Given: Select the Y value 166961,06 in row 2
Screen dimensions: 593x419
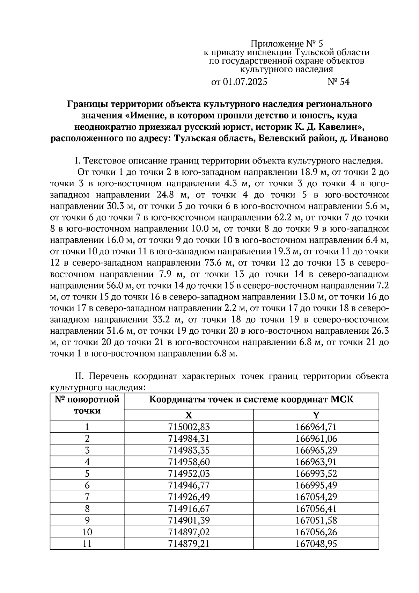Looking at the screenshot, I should point(316,439).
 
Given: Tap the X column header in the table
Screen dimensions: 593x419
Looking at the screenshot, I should point(189,415).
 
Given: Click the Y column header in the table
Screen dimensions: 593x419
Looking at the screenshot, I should point(316,415).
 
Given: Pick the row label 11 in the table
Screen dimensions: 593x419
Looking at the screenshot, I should point(87,544).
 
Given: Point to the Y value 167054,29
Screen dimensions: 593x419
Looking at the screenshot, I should point(316,497).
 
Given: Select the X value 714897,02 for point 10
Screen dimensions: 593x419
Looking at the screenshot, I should point(189,532).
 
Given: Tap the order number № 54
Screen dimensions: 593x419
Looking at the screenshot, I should point(338,82).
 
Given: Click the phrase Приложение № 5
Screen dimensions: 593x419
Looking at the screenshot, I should point(287,44).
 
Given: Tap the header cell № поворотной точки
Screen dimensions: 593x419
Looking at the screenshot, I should point(87,405).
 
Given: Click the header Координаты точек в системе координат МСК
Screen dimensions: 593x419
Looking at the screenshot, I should point(251,400).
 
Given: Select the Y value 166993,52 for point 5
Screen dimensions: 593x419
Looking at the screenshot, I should point(316,473).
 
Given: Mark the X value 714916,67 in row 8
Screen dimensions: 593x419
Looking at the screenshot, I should point(189,509).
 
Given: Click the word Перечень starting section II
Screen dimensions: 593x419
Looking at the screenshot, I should point(110,376).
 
